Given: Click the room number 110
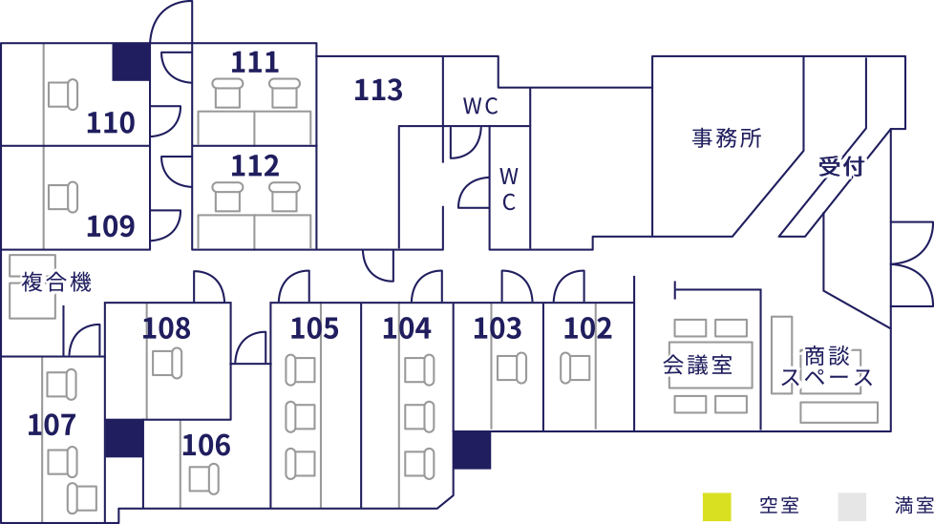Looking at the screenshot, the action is [111, 123].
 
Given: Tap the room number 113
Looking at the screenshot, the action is [378, 90].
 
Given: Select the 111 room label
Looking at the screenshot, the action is [255, 63].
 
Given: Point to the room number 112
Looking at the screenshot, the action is [255, 165].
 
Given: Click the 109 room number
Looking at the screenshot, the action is [111, 226].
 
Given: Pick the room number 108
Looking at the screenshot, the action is [167, 328].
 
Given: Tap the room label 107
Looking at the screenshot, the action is [53, 425].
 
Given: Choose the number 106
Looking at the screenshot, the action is [206, 446].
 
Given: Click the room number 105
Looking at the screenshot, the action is [314, 328].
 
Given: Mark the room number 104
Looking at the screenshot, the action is [406, 328].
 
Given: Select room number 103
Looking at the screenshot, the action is [498, 328].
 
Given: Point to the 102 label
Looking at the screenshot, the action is [588, 328].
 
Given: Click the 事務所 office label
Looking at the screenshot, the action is [727, 138].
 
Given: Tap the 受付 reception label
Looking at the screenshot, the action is [841, 167].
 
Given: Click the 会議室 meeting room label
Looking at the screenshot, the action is [697, 365].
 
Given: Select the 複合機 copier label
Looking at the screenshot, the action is [56, 282].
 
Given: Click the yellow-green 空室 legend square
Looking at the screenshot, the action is [716, 507].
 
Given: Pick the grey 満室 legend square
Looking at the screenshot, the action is [852, 507].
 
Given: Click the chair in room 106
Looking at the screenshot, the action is [203, 479].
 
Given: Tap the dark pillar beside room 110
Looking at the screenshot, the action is [131, 62].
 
